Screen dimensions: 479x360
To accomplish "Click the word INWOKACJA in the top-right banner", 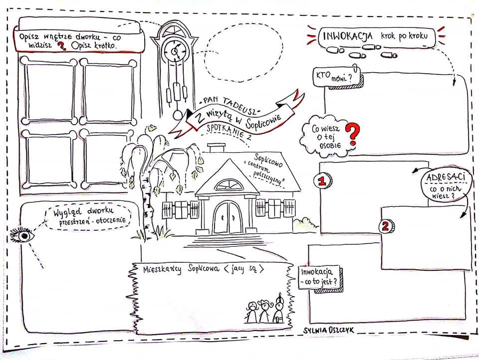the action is (x=347, y=36).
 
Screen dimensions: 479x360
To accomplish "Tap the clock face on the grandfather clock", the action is (x=175, y=51).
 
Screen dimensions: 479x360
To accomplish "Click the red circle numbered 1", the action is (x=323, y=181).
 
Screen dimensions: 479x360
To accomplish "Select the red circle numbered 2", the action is (x=386, y=226).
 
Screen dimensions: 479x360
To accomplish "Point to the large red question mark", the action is (x=353, y=134).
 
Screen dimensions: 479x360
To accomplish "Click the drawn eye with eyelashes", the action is (x=22, y=235).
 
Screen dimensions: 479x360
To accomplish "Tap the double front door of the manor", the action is (x=228, y=218).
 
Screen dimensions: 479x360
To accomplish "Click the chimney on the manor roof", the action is (x=216, y=148).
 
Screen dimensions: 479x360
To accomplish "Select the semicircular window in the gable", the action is (x=229, y=184).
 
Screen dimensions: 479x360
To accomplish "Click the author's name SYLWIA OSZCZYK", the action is (x=329, y=330).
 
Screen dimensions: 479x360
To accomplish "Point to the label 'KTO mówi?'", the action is (x=334, y=76).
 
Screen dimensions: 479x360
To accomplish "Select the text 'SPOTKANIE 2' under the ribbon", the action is (x=229, y=132).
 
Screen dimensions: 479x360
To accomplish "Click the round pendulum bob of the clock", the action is (x=178, y=115).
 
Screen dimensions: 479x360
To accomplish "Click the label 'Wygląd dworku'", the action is (x=83, y=211).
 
